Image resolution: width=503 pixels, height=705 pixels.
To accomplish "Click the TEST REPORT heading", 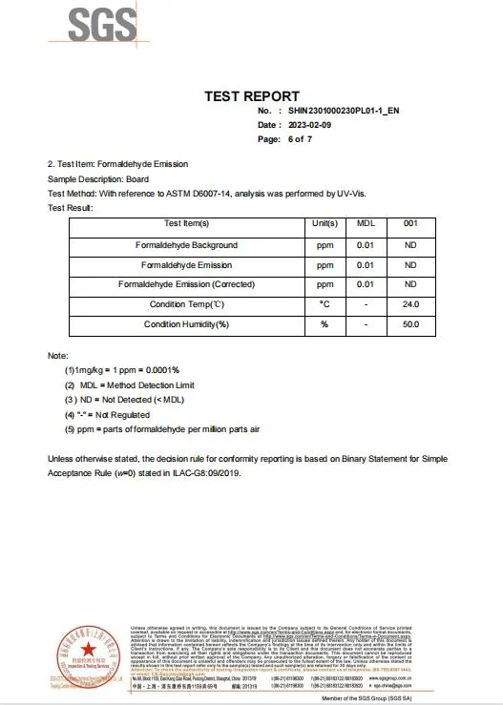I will click(252, 96).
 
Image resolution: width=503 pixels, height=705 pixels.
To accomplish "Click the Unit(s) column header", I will click(325, 223).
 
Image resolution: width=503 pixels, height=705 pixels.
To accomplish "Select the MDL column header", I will click(366, 223).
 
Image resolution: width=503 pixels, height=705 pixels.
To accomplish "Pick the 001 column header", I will click(411, 223).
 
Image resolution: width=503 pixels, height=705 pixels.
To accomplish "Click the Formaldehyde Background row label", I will click(186, 245).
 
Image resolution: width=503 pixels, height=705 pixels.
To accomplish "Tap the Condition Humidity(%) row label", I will click(186, 324).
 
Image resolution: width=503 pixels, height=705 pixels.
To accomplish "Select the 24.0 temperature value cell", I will click(411, 304).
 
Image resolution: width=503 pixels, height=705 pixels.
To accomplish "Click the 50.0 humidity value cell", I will click(411, 324).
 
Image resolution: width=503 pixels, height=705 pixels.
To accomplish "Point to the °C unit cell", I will click(325, 304).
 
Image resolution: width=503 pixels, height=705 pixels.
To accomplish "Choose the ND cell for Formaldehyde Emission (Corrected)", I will click(411, 284).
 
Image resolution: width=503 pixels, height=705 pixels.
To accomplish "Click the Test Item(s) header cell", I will click(186, 223).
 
